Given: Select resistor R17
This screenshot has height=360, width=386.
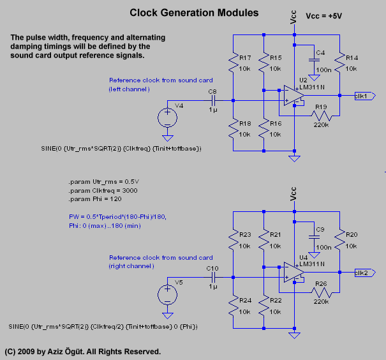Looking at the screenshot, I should point(234,63).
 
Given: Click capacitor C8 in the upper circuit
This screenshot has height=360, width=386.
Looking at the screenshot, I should point(213,100).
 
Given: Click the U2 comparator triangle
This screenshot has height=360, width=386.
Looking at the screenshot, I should point(293,97).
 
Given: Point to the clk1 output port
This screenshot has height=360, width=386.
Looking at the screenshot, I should point(364,96).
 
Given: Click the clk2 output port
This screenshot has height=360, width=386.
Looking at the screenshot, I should point(364,273).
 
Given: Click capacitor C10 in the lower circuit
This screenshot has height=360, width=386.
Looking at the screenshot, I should point(213,277).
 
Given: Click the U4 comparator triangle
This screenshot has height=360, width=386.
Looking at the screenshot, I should point(293,274).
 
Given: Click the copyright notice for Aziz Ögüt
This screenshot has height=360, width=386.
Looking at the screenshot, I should point(83,351).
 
